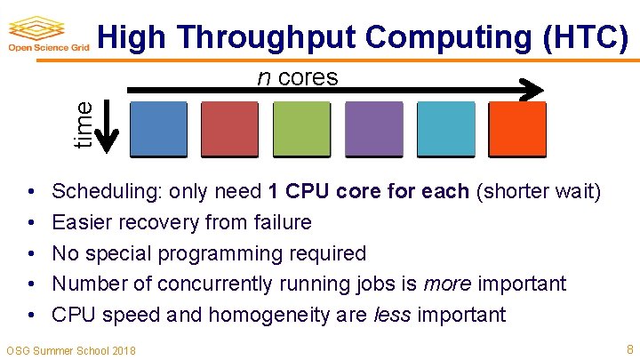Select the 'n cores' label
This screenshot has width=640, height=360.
297,77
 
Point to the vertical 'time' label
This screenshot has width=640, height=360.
83,124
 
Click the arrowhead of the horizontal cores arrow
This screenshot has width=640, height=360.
532,90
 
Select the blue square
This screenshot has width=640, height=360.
159,130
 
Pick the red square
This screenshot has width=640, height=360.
230,130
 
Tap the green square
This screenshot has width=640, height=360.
301,130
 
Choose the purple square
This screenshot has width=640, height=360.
373,130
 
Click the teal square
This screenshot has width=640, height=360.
445,130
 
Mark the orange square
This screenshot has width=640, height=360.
517,130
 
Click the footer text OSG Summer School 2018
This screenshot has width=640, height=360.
71,350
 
